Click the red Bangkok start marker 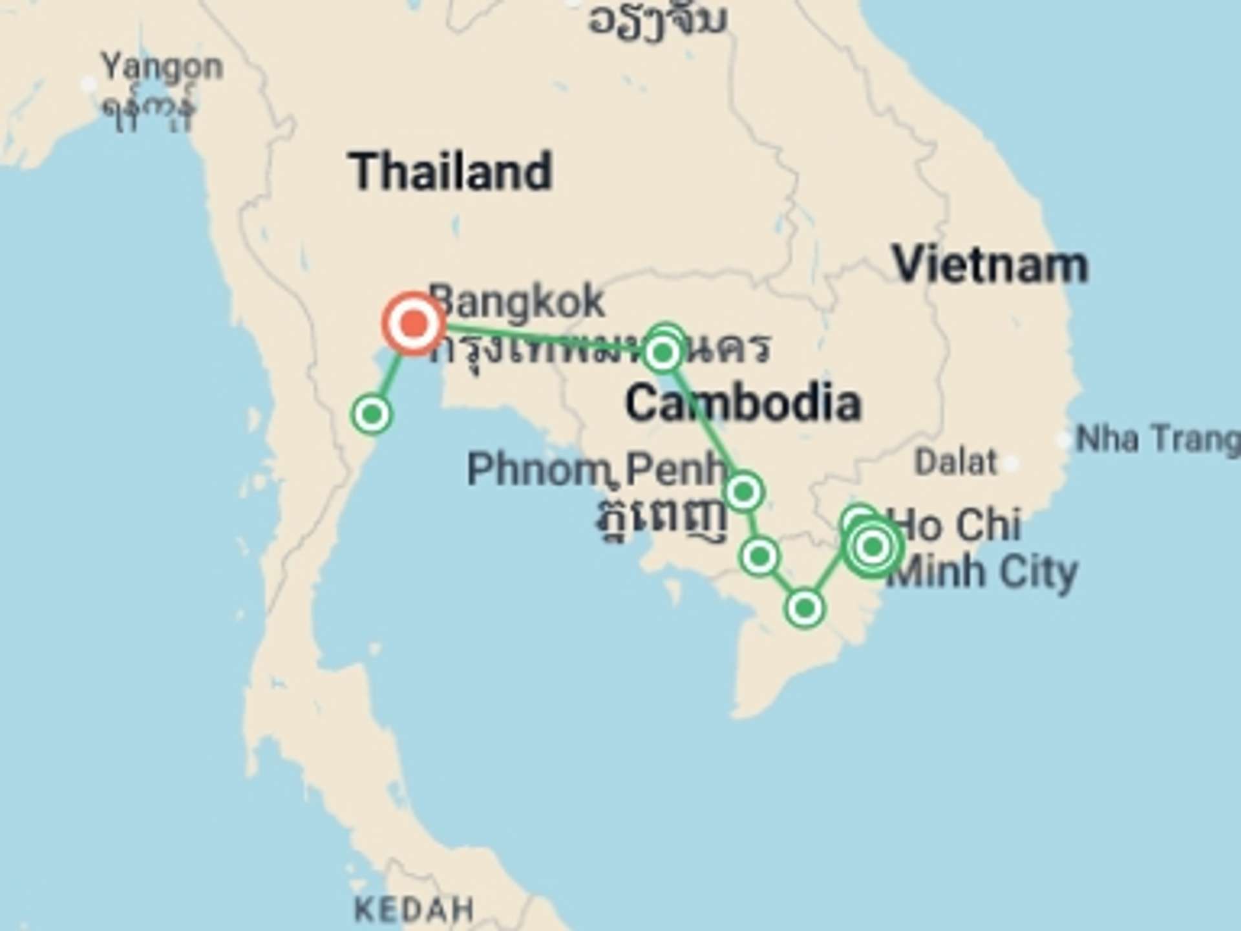tap(414, 323)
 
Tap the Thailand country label tap(451, 172)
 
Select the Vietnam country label tap(990, 266)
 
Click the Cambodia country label tap(743, 403)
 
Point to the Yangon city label tap(162, 67)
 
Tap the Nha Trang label tap(1157, 440)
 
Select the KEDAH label tap(414, 910)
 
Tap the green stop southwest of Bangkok tap(372, 414)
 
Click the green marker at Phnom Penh tap(743, 492)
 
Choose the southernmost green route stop tap(805, 608)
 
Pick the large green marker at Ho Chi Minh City tap(873, 547)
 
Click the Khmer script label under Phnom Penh tap(661, 517)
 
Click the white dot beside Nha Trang tap(1063, 440)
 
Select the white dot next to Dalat tap(1012, 463)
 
